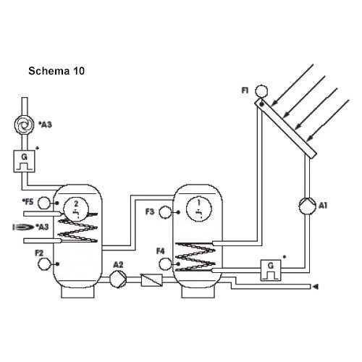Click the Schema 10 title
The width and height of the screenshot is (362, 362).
pyautogui.click(x=56, y=71)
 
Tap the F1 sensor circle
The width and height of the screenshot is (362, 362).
pyautogui.click(x=261, y=91)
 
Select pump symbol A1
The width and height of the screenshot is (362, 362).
pyautogui.click(x=307, y=206)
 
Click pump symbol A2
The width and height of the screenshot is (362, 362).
pyautogui.click(x=118, y=279)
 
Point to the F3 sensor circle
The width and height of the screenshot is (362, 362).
pyautogui.click(x=165, y=212)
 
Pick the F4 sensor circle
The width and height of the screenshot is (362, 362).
pyautogui.click(x=165, y=264)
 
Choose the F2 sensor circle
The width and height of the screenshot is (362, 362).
pyautogui.click(x=44, y=264)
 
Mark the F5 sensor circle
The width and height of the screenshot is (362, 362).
pyautogui.click(x=44, y=203)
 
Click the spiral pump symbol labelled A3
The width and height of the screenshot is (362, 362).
pyautogui.click(x=24, y=125)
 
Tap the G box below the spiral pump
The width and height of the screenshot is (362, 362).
pyautogui.click(x=24, y=161)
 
